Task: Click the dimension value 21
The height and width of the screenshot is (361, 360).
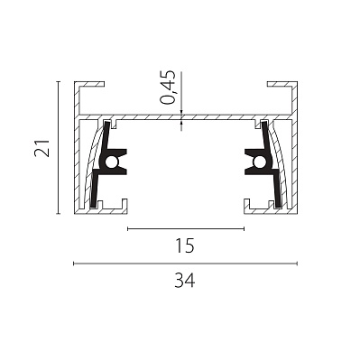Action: coord(42,148)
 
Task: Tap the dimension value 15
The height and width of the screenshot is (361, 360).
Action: coord(185,245)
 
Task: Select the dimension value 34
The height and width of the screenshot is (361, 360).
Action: coord(185,280)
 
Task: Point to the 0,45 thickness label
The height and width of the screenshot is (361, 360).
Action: coord(168,88)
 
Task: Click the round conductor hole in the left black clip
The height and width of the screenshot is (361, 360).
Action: coord(111,162)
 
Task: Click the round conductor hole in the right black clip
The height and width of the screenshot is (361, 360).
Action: coord(259,162)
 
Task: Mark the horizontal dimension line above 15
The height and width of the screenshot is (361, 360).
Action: coord(186,229)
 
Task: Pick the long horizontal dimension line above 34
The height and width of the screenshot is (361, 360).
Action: coord(186,264)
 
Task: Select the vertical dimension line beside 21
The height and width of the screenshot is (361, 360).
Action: coord(59,148)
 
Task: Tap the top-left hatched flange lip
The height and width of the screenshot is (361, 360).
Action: coord(89,84)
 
